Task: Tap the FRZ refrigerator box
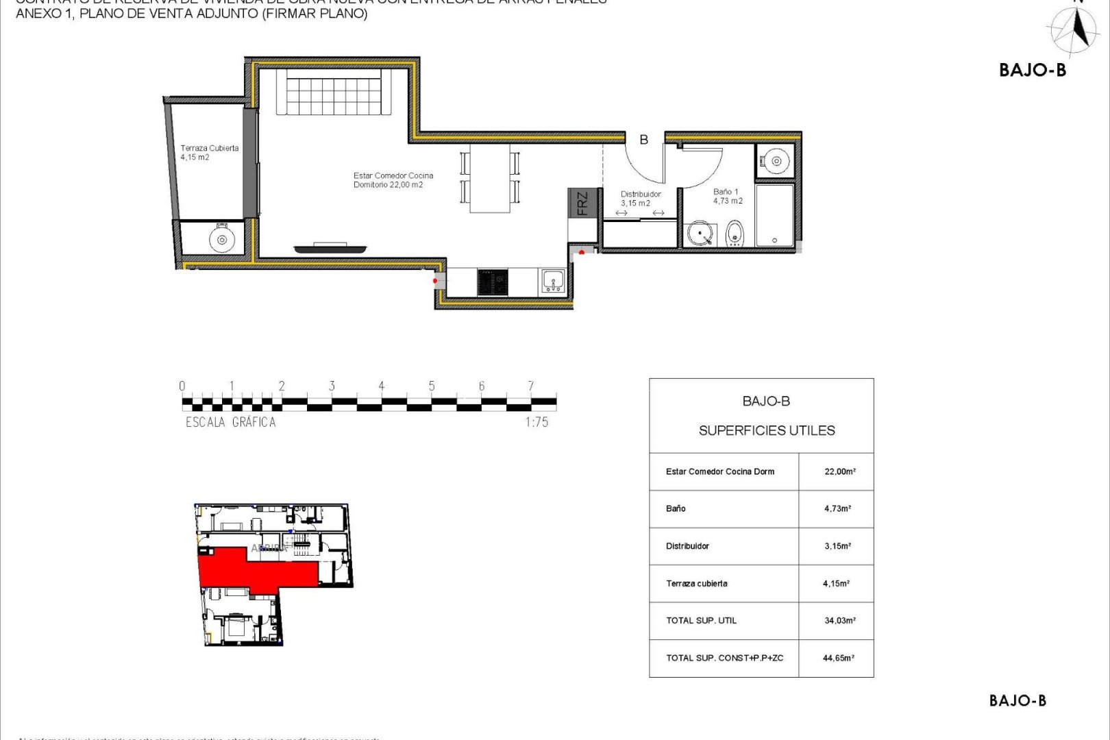pyautogui.click(x=582, y=203)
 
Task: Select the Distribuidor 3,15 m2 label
pyautogui.click(x=641, y=199)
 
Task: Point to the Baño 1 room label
pyautogui.click(x=727, y=197)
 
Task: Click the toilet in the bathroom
pyautogui.click(x=734, y=233)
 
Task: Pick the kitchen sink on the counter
pyautogui.click(x=552, y=280)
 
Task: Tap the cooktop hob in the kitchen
pyautogui.click(x=493, y=282)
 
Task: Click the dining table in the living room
pyautogui.click(x=490, y=177)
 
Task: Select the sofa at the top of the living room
pyautogui.click(x=333, y=92)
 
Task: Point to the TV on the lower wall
pyautogui.click(x=330, y=247)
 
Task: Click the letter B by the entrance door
pyautogui.click(x=643, y=140)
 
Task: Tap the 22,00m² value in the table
pyautogui.click(x=839, y=471)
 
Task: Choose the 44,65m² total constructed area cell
pyautogui.click(x=838, y=658)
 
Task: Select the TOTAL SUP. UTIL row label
pyautogui.click(x=701, y=621)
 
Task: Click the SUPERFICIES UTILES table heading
pyautogui.click(x=767, y=430)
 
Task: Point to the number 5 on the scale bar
pyautogui.click(x=432, y=386)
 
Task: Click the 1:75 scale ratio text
pyautogui.click(x=536, y=422)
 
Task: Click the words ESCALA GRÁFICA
pyautogui.click(x=231, y=422)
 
